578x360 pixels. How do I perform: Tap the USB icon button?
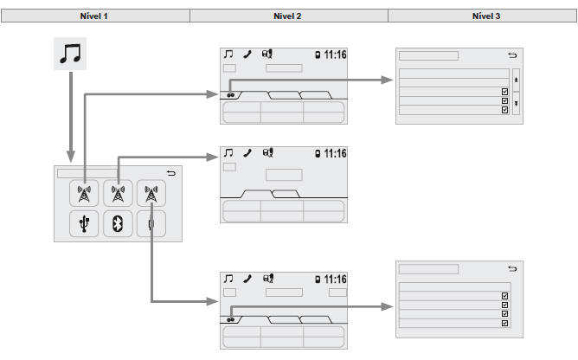tap(84, 223)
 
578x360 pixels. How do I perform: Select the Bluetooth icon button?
tap(118, 223)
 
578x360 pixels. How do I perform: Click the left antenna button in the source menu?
tap(84, 194)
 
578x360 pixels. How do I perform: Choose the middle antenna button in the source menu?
tap(118, 194)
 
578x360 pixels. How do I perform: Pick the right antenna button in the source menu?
tap(151, 194)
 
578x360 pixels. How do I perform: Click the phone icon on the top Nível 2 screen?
tap(247, 55)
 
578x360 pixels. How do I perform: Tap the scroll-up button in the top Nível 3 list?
tap(516, 78)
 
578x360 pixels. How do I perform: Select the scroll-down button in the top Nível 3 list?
tap(516, 102)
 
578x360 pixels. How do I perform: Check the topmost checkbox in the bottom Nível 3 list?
tap(504, 295)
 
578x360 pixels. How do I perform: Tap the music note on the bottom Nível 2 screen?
tap(228, 280)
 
